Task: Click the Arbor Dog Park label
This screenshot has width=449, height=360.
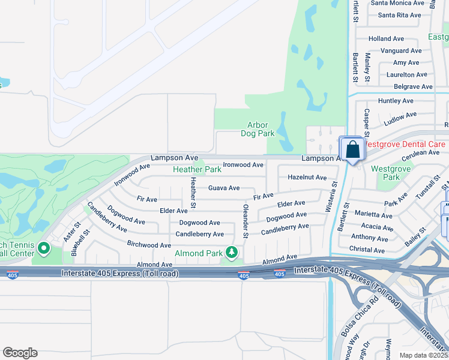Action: click(258, 129)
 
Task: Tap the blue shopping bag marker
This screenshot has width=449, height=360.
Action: click(353, 149)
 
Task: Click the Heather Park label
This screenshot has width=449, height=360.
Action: click(197, 170)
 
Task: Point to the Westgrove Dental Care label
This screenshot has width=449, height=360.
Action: click(403, 145)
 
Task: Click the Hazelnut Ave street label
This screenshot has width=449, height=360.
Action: click(307, 178)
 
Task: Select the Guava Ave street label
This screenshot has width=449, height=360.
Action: click(224, 188)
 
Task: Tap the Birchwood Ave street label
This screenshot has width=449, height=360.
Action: click(149, 245)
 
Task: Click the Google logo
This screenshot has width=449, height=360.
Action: click(20, 353)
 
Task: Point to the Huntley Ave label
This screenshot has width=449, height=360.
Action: click(396, 101)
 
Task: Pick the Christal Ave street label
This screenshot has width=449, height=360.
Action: click(367, 250)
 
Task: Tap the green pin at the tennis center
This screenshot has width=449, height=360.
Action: click(43, 247)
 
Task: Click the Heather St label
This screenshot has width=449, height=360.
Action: click(193, 193)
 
